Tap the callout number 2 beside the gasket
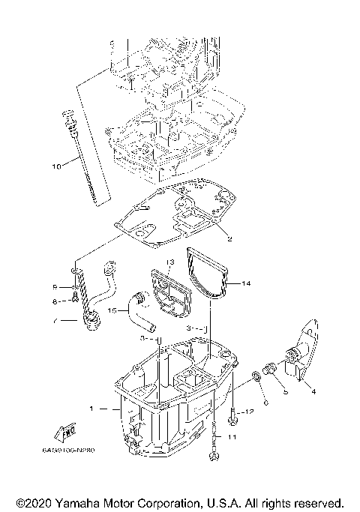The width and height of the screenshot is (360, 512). coord(229,238)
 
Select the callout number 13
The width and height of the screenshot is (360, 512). coord(170,262)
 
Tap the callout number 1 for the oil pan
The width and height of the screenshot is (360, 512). coord(92,409)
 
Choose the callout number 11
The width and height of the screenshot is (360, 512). coord(232,436)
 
